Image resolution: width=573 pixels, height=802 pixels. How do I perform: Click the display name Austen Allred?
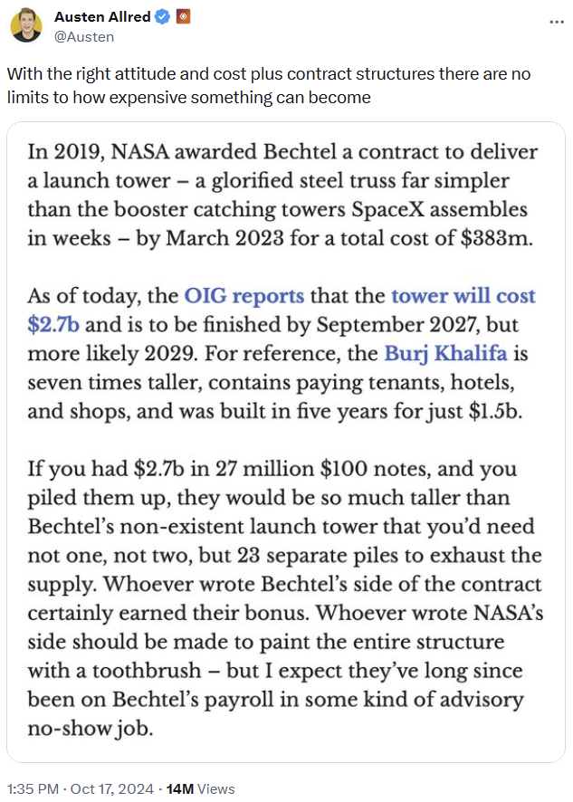point(103,17)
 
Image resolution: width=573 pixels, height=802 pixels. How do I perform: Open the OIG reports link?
point(244,295)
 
